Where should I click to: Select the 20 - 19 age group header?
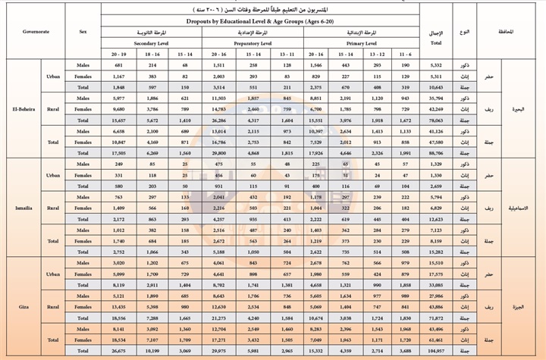[118, 55]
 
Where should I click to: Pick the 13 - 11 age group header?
[285, 55]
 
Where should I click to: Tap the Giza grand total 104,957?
[438, 351]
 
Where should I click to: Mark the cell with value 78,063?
[438, 118]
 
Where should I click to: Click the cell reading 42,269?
[438, 108]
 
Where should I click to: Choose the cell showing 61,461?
[438, 341]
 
